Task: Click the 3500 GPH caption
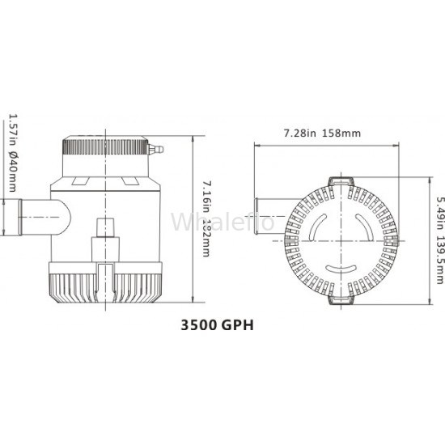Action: coord(217,325)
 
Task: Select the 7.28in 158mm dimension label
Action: coord(322,133)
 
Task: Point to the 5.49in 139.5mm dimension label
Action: coord(439,240)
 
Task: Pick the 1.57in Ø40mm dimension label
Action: coord(13,153)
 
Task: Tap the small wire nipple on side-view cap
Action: coord(156,149)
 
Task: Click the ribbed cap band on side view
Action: coord(105,147)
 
